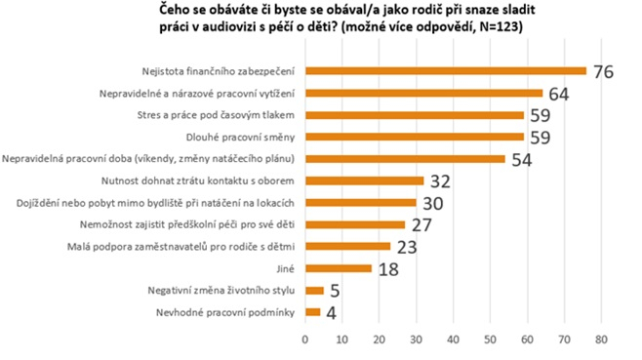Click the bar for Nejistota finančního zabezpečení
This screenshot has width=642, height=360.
[x=446, y=71]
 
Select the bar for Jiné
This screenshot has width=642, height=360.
[x=339, y=268]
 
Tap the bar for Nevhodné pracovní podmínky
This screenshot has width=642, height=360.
[x=312, y=312]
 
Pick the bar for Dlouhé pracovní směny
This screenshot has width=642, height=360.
[x=415, y=137]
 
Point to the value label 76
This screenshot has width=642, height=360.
[x=604, y=72]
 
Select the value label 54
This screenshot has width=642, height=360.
[x=522, y=159]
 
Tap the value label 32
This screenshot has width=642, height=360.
[x=440, y=181]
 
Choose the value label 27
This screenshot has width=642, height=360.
[x=421, y=225]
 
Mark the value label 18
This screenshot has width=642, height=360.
[x=388, y=269]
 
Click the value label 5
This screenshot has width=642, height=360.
[x=334, y=291]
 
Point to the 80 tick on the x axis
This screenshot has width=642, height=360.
[x=601, y=339]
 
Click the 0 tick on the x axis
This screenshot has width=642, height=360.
[x=305, y=339]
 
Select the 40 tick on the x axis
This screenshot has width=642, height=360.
[x=454, y=339]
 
